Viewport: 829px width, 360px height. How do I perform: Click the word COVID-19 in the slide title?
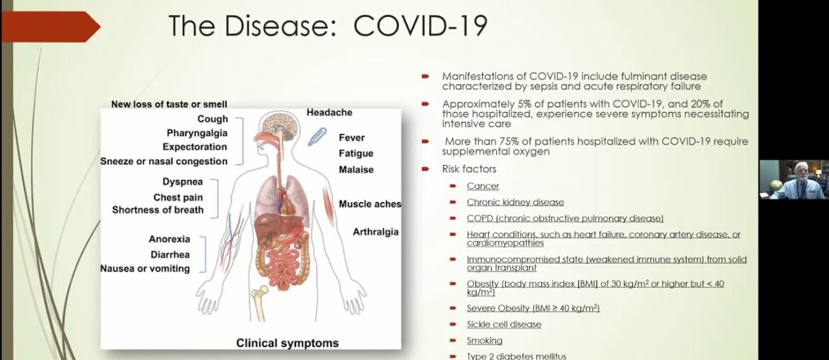[x=420, y=26]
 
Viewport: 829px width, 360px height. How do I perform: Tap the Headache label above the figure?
[x=329, y=113]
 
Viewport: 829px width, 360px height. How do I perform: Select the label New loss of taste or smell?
[x=169, y=104]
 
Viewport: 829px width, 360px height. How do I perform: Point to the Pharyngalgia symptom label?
[x=197, y=133]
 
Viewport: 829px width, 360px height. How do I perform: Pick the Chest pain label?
[x=179, y=197]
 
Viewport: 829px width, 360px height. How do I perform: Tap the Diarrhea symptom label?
[x=169, y=254]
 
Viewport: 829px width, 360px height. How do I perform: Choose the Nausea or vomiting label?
[x=145, y=269]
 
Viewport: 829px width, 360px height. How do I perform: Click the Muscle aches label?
[x=370, y=204]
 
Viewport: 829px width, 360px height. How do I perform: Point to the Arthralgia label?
[x=376, y=232]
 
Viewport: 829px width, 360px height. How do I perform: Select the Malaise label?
[x=356, y=170]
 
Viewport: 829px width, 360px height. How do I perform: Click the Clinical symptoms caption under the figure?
[x=287, y=343]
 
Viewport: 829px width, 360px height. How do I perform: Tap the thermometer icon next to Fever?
[x=317, y=136]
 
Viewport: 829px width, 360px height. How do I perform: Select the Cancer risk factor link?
[x=483, y=186]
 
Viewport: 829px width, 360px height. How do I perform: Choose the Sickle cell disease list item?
[x=504, y=325]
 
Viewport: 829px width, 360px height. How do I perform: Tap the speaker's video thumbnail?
[x=794, y=180]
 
